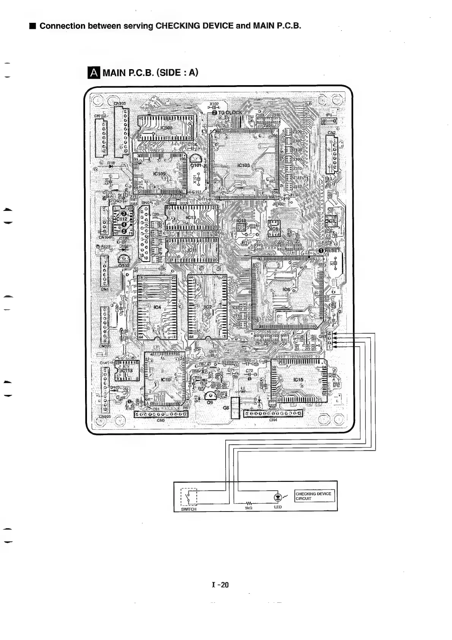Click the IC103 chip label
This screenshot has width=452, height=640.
coord(243,165)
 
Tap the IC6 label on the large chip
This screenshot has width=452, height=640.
coord(286,290)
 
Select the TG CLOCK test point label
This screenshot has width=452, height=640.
coord(230,112)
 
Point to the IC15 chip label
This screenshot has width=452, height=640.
coord(299,380)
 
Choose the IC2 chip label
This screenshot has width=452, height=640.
coord(208,307)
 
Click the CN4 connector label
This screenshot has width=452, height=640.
coord(273,420)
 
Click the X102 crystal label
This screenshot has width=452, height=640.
coord(214,104)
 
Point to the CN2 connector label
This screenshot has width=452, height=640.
coord(331,133)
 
